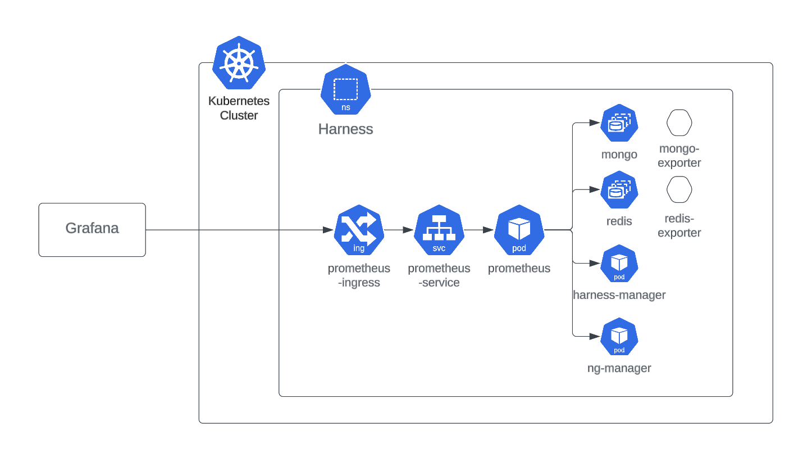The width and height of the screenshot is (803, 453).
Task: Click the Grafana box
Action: (x=92, y=229)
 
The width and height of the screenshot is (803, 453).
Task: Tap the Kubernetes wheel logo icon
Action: (x=239, y=62)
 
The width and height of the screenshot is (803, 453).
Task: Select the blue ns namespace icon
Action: (x=345, y=90)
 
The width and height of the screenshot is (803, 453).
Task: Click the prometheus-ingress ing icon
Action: (x=359, y=230)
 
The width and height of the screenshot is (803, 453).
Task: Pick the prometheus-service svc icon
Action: (x=439, y=230)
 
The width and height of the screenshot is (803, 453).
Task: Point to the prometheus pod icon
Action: (x=519, y=230)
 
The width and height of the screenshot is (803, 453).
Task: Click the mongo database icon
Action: (x=619, y=123)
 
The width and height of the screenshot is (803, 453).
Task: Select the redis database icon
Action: (x=619, y=190)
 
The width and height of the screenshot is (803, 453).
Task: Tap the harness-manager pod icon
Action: (x=619, y=264)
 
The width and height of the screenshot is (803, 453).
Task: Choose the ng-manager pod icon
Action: (x=619, y=337)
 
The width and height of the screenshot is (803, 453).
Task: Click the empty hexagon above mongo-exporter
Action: (x=679, y=123)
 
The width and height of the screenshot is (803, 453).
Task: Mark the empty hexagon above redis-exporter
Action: (x=679, y=190)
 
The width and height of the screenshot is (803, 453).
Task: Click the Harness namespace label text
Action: (x=345, y=129)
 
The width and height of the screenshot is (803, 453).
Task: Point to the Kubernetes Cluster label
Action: (x=239, y=108)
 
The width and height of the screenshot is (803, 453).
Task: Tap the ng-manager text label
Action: (x=619, y=369)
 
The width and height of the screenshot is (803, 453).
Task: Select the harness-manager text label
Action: (x=619, y=295)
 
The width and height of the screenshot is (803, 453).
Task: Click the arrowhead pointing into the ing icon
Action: (x=328, y=230)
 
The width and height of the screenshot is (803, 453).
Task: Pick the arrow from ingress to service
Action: (x=399, y=230)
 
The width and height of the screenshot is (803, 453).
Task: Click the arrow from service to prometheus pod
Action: (x=479, y=230)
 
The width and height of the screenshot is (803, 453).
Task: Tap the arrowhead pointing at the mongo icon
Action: (x=593, y=122)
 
